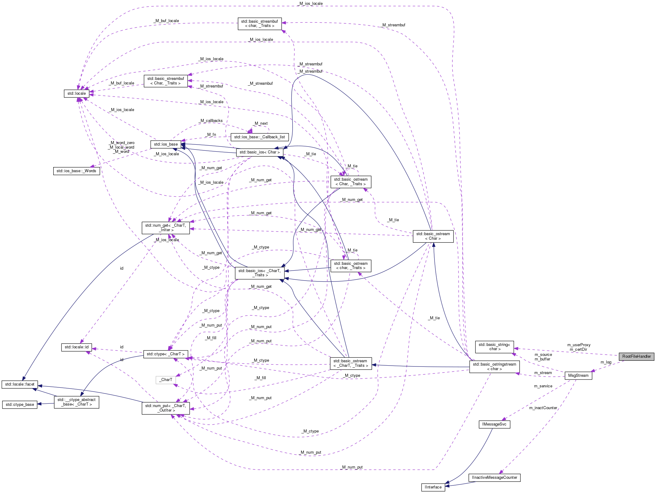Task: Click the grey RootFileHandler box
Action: (636, 356)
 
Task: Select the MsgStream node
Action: (578, 376)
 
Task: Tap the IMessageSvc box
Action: (494, 424)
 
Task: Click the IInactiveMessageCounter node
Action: (494, 478)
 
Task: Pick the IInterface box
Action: (433, 487)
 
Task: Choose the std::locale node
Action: (77, 94)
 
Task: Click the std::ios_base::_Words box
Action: (76, 171)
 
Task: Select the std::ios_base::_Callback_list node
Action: (259, 137)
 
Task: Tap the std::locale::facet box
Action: (20, 384)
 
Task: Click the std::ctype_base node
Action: (20, 405)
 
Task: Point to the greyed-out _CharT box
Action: (166, 380)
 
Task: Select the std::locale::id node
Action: (77, 347)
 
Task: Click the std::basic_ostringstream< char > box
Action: (494, 366)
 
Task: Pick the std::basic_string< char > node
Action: (494, 347)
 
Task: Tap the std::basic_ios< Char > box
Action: (259, 152)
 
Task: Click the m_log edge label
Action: (606, 362)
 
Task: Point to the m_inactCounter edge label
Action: (543, 408)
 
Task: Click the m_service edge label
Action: (543, 386)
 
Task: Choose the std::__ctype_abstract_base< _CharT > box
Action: (76, 402)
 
